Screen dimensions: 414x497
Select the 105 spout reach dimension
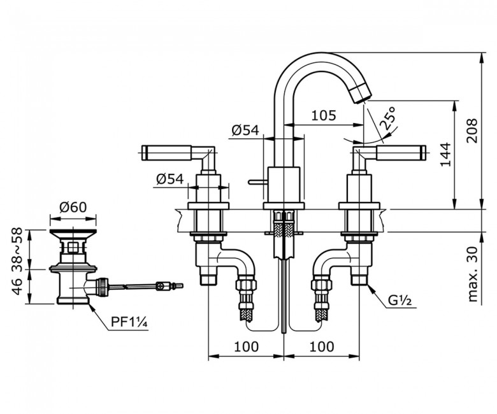click(x=324, y=115)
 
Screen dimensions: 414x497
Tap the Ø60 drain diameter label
click(x=73, y=206)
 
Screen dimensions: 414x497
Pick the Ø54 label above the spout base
click(x=245, y=130)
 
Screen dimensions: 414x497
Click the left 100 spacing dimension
click(x=245, y=346)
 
